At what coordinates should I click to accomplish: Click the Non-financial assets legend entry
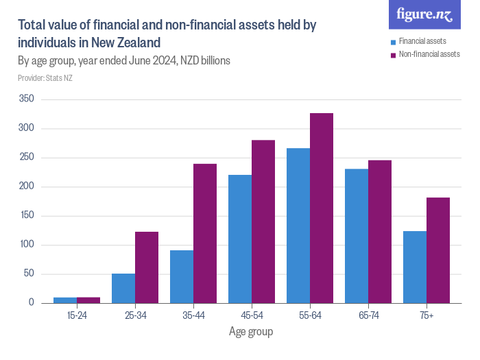[429, 53]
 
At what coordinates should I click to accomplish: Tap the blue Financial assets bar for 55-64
[298, 226]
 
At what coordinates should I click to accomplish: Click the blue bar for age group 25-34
[123, 288]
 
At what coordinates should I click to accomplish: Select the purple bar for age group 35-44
[205, 233]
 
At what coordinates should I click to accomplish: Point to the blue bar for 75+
[415, 267]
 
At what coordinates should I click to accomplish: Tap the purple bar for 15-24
[88, 300]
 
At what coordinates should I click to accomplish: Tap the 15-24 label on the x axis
[77, 315]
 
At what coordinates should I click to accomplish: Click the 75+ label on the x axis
[427, 315]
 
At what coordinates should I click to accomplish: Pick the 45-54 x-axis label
[252, 315]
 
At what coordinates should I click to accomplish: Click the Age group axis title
[251, 333]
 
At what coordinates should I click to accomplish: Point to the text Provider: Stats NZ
[45, 77]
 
